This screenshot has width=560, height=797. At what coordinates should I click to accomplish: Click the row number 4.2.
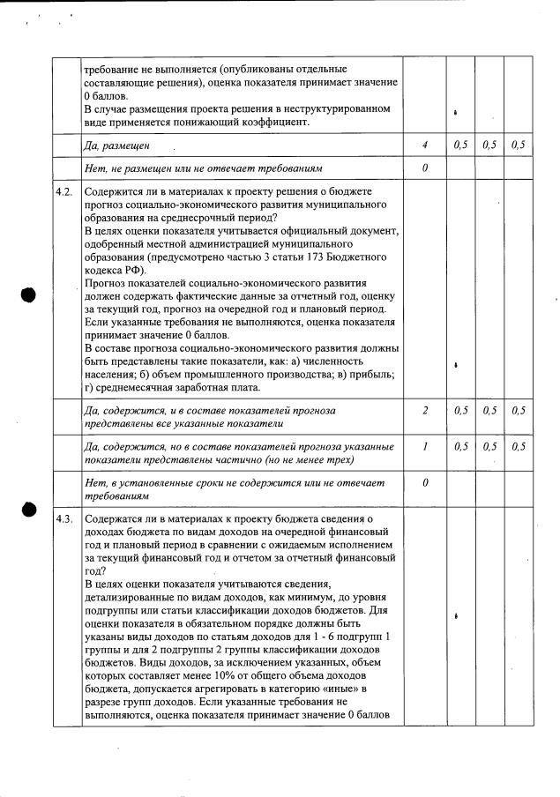click(x=63, y=192)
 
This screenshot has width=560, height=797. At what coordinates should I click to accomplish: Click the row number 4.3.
click(x=63, y=520)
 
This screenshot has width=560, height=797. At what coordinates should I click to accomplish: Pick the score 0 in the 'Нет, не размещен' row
click(x=424, y=168)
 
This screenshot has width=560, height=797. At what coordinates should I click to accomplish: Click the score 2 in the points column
click(x=424, y=411)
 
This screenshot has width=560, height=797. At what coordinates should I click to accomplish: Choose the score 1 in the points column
click(x=424, y=447)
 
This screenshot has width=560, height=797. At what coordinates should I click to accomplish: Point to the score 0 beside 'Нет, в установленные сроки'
click(x=424, y=483)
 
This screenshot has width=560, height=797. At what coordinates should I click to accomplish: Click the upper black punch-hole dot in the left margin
click(x=29, y=294)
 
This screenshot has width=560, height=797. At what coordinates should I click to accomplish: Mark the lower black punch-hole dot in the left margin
click(x=29, y=510)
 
